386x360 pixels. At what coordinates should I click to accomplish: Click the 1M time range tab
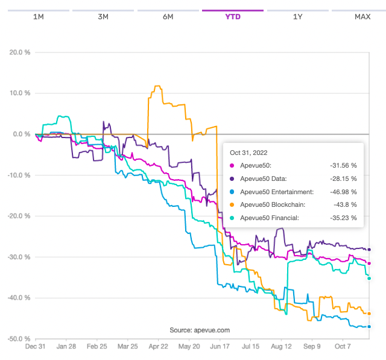coord(38,16)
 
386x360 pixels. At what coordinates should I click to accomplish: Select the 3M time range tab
coord(103,16)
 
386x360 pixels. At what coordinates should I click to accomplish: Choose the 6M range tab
coord(168,16)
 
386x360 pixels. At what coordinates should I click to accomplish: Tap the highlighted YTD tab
coord(233,16)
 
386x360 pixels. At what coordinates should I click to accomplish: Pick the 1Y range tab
coord(297,16)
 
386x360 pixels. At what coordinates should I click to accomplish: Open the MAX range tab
coord(362,16)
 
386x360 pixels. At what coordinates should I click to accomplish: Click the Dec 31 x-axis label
coord(35,347)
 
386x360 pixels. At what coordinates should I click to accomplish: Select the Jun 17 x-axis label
coord(220,347)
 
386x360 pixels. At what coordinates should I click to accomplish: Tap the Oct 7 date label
coord(343,347)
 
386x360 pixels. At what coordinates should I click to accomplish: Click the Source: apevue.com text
coord(199,330)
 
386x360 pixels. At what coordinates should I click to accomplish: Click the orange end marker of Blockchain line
coord(369,314)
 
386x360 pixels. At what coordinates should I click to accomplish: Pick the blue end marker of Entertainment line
coord(369,327)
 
